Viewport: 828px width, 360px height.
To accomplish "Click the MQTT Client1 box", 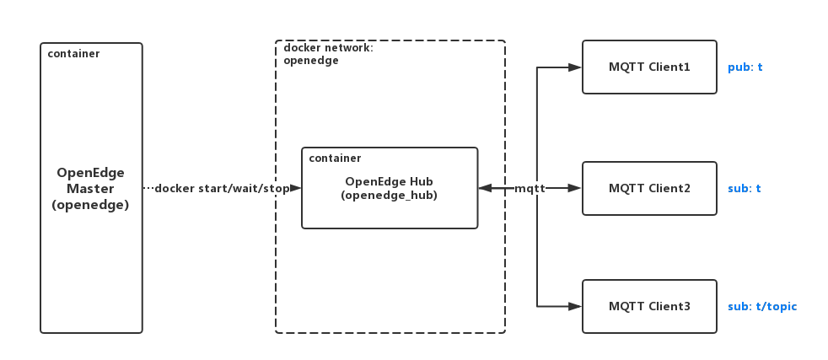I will [649, 67].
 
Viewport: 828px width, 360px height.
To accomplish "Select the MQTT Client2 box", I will [649, 188].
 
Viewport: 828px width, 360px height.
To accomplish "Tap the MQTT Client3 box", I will [649, 306].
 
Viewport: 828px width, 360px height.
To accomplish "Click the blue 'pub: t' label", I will [745, 67].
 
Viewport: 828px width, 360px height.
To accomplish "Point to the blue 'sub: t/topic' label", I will [761, 306].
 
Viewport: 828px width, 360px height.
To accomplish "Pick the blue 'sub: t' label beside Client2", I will [744, 188].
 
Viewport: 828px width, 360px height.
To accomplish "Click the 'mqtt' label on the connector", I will [530, 189].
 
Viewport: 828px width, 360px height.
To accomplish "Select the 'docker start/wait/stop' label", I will [221, 188].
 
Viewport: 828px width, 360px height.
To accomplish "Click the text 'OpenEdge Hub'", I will [389, 181].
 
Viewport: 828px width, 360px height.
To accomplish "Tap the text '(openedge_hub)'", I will [389, 195].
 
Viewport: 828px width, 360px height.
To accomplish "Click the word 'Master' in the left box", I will [91, 188].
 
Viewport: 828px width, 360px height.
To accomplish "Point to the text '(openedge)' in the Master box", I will [91, 204].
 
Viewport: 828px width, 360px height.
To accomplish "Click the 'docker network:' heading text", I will [328, 48].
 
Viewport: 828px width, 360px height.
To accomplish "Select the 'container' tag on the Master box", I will [73, 54].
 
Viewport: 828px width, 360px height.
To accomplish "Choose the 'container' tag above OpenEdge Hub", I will [335, 158].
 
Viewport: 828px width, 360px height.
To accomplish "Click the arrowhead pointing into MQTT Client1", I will [576, 67].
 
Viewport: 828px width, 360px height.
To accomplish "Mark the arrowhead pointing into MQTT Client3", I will [576, 306].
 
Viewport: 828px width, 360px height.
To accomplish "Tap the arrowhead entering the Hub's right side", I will [485, 188].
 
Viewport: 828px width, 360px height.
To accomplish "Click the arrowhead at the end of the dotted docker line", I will [295, 188].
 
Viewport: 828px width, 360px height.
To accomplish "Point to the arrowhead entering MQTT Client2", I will [576, 188].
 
